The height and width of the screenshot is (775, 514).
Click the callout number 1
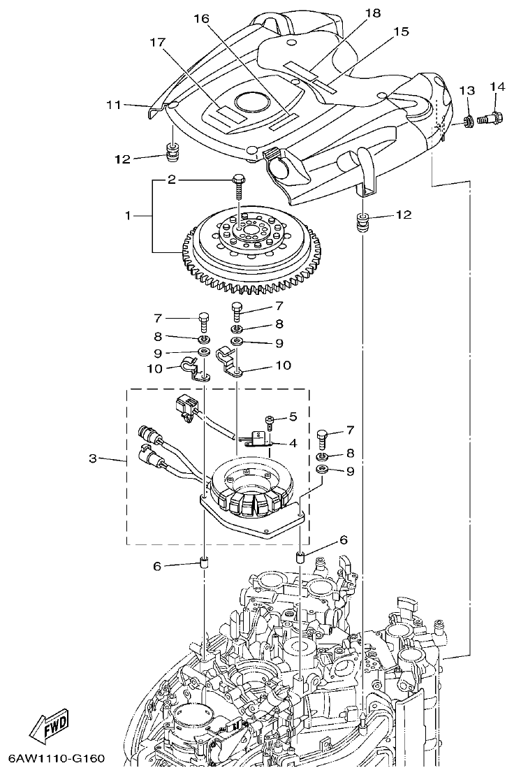coord(128,216)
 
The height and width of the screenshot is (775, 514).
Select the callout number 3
coord(92,459)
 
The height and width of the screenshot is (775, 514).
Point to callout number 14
coord(497,86)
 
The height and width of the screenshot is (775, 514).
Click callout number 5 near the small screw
coord(292,417)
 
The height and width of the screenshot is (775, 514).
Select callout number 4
coord(292,443)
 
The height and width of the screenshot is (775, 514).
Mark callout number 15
coord(400,31)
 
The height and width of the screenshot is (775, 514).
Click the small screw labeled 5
coord(269,420)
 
